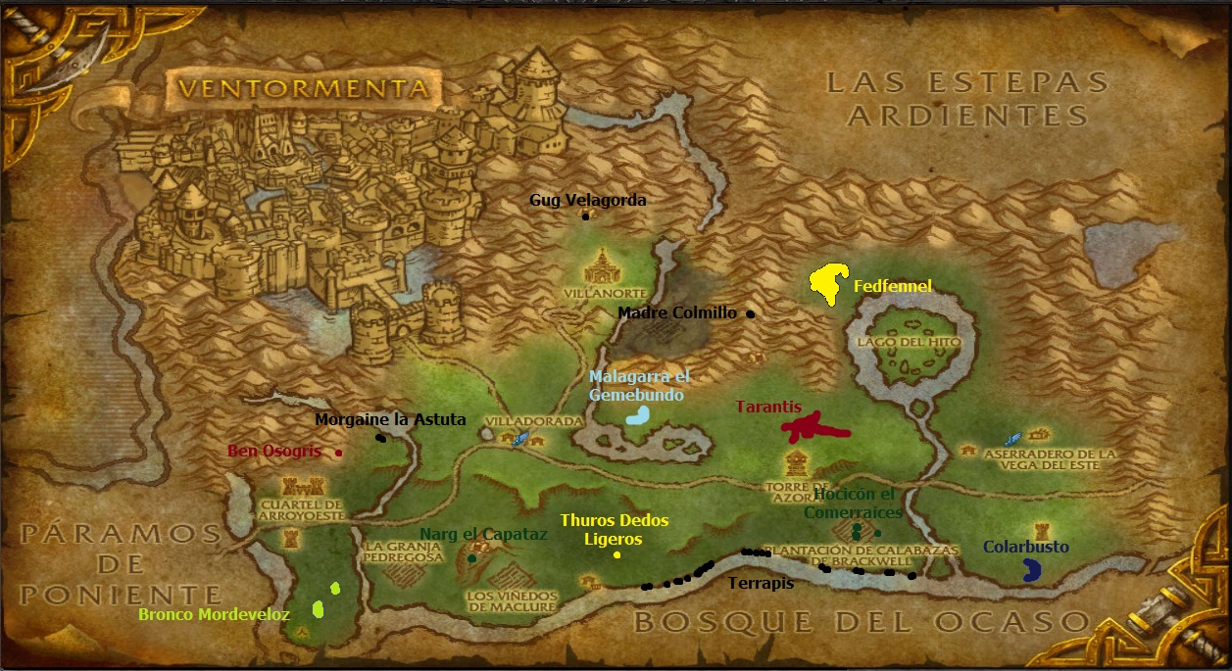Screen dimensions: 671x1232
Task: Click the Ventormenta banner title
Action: pyautogui.click(x=304, y=88)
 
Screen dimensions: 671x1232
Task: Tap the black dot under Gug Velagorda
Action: pyautogui.click(x=585, y=216)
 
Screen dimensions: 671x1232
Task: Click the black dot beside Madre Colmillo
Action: pyautogui.click(x=751, y=314)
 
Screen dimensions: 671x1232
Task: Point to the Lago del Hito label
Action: pyautogui.click(x=902, y=342)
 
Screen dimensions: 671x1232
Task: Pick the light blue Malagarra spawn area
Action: pyautogui.click(x=637, y=414)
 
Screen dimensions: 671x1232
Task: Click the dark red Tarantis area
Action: pyautogui.click(x=813, y=427)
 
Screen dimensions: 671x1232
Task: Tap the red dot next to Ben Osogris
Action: pyautogui.click(x=338, y=453)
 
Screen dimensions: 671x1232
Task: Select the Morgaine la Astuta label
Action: pyautogui.click(x=390, y=420)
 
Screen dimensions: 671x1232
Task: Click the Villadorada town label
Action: pyautogui.click(x=536, y=420)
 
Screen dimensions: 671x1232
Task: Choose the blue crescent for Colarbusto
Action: pyautogui.click(x=1030, y=570)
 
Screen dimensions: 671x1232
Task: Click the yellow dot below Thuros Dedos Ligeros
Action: pyautogui.click(x=617, y=555)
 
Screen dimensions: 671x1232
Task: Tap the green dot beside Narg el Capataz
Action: pyautogui.click(x=472, y=557)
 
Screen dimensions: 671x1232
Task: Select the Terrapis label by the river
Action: pyautogui.click(x=761, y=584)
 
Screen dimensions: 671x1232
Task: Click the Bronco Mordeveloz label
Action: pyautogui.click(x=214, y=615)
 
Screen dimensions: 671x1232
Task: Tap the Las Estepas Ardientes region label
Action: pyautogui.click(x=967, y=98)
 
